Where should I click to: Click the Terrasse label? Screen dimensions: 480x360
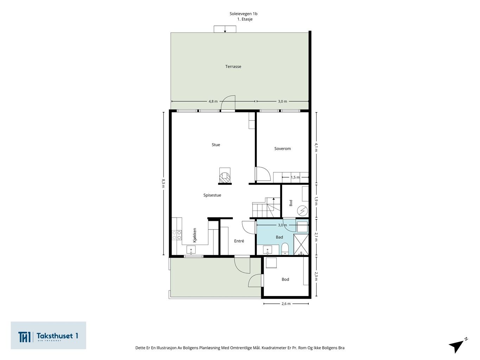233,66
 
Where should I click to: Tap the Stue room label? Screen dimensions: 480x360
216,145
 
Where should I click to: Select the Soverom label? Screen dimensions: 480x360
282,149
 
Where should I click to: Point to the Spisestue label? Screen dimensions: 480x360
212,195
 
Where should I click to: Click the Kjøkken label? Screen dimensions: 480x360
194,235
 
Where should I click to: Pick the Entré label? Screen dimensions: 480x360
239,241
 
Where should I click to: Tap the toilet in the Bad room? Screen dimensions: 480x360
285,249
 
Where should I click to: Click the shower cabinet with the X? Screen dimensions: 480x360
301,244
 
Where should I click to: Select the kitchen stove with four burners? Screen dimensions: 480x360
177,235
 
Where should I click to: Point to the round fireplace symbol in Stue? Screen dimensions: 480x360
225,177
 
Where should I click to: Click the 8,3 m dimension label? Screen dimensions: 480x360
164,183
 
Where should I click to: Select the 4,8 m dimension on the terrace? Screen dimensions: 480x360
213,101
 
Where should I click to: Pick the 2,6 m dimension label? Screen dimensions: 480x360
286,304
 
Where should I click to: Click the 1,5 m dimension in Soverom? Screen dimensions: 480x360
295,177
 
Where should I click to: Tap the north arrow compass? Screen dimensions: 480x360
458,346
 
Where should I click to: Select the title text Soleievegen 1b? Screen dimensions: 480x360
243,14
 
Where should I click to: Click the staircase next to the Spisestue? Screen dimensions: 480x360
266,207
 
